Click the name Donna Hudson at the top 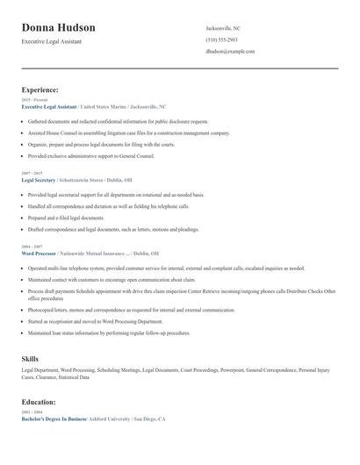tap(59, 28)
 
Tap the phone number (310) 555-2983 tap(222, 40)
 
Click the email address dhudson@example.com tap(230, 52)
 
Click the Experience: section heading tap(40, 89)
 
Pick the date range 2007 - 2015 tap(31, 173)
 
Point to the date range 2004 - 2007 tap(31, 247)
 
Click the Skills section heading tap(30, 359)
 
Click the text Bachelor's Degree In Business tap(54, 419)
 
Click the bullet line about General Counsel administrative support tap(90, 155)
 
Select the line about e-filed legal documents tap(72, 218)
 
